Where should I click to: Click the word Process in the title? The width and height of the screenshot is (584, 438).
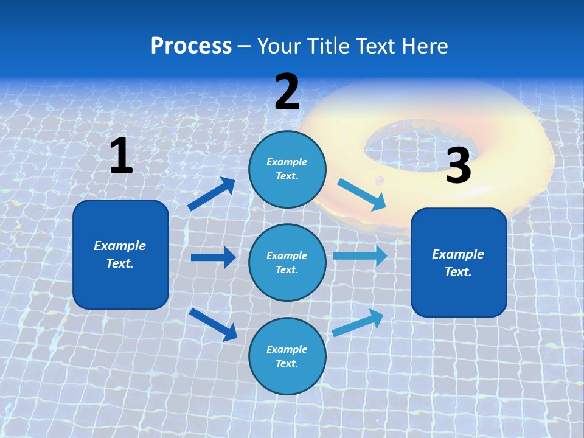191,46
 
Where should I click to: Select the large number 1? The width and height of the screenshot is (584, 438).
121,156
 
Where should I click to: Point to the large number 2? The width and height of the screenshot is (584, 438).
287,92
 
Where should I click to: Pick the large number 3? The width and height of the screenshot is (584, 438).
458,165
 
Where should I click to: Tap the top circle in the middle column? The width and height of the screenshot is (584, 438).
287,169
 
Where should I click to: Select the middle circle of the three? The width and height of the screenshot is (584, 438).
287,262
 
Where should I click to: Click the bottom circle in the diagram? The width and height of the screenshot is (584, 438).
287,356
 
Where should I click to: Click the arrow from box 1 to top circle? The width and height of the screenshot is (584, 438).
211,194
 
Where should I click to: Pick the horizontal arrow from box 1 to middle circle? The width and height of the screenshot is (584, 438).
213,257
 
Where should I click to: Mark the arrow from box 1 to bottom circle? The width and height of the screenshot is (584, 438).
214,324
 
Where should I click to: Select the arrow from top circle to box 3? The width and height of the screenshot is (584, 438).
361,194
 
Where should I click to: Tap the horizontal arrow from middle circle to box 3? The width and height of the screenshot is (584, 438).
360,255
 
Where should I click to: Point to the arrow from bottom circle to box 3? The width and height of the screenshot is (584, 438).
358,322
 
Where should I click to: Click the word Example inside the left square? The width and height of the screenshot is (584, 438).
120,246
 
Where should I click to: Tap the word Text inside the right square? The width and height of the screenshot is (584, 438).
457,272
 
